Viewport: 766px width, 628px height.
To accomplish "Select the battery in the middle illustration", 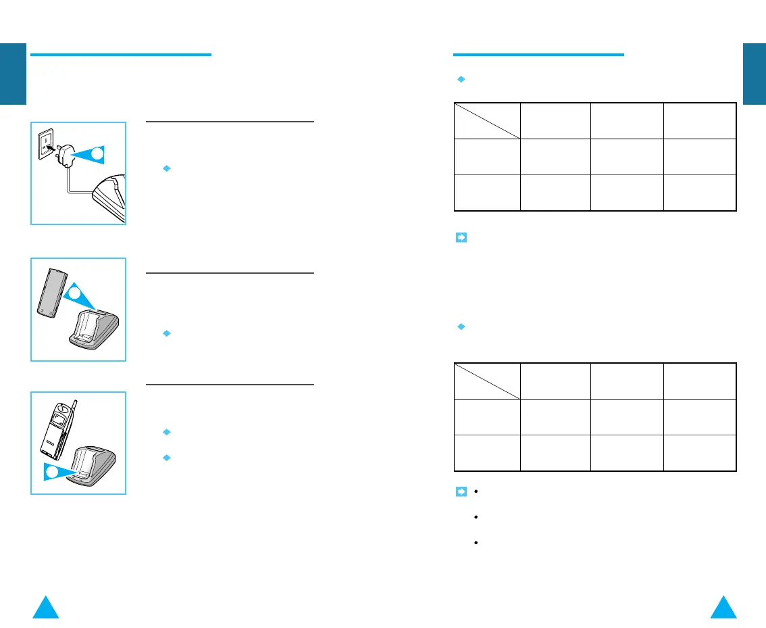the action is [x=51, y=292].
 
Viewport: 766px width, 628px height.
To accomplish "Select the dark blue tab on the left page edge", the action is [x=13, y=74].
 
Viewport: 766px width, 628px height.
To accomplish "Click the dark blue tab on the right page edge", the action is [x=754, y=74].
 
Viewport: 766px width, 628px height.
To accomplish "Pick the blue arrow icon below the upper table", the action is [x=461, y=238].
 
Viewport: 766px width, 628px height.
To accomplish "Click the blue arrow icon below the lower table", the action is [x=461, y=491].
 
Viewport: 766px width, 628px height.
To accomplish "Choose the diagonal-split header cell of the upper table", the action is [x=487, y=120].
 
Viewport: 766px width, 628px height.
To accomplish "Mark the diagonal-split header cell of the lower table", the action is [x=487, y=381].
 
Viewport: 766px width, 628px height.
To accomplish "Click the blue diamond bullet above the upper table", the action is [x=461, y=79].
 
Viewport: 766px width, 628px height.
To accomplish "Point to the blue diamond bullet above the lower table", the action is [x=461, y=327].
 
